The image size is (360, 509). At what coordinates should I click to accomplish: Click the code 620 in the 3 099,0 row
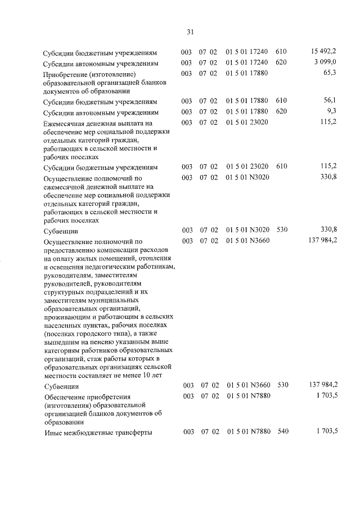(x=281, y=63)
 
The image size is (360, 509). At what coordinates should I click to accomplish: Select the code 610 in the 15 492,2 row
(x=281, y=52)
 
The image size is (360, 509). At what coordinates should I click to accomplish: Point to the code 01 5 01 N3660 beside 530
(x=249, y=386)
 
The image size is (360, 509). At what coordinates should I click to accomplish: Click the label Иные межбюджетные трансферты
(x=98, y=433)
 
